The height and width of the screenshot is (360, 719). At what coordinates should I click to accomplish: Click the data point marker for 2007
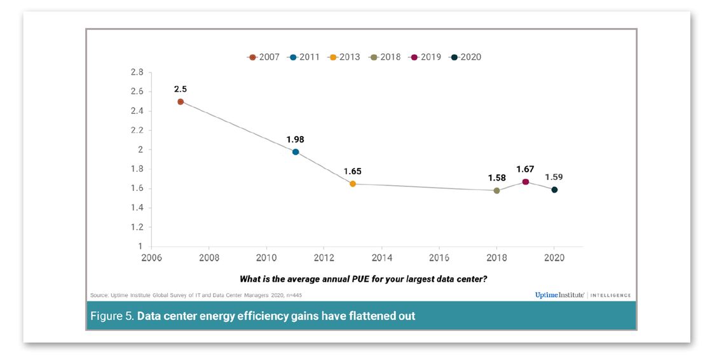(x=181, y=102)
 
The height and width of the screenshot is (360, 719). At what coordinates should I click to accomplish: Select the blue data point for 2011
(x=296, y=152)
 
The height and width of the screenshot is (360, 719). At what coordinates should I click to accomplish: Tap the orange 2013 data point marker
(x=353, y=184)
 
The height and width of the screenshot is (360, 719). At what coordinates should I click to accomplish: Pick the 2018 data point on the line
(x=496, y=190)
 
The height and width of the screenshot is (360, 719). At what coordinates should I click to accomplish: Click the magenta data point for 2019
(x=526, y=182)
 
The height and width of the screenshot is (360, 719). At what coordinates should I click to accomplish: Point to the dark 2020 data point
(x=554, y=190)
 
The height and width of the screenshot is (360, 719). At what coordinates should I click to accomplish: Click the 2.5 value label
(x=181, y=89)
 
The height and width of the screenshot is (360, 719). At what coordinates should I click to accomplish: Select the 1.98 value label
(x=296, y=139)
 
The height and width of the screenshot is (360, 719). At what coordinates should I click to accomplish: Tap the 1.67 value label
(x=526, y=169)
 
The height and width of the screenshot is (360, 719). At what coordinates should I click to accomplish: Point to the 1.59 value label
(x=554, y=177)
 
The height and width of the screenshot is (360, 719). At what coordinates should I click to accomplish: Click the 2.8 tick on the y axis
(x=137, y=73)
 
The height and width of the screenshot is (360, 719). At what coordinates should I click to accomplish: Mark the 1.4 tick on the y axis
(x=137, y=208)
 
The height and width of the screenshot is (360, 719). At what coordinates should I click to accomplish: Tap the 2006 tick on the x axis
(x=151, y=258)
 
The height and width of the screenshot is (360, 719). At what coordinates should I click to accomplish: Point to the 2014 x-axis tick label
(x=381, y=258)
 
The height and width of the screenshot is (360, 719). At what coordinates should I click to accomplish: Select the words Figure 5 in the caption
(x=112, y=316)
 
